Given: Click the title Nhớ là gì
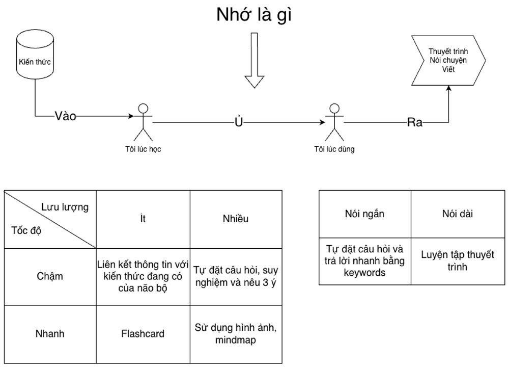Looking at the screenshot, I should point(254,15).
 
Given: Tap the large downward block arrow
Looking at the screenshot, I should point(255,61).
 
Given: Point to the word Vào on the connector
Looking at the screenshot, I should point(65,116).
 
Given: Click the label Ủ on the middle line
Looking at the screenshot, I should point(238,122).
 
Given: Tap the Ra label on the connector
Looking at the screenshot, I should point(415,122).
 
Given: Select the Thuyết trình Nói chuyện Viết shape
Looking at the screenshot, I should point(447,60).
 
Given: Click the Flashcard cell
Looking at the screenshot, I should point(143,334).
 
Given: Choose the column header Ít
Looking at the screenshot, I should point(143,219).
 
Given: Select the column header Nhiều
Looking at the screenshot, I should point(236,219).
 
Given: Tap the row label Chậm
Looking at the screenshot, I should point(50,276).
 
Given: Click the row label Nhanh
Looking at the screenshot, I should point(50,334).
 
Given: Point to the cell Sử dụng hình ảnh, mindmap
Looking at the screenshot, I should point(236,333).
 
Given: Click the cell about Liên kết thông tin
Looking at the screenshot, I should point(143,276).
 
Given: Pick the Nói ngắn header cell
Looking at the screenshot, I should point(364,214).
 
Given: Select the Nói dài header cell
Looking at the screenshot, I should point(458,214).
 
